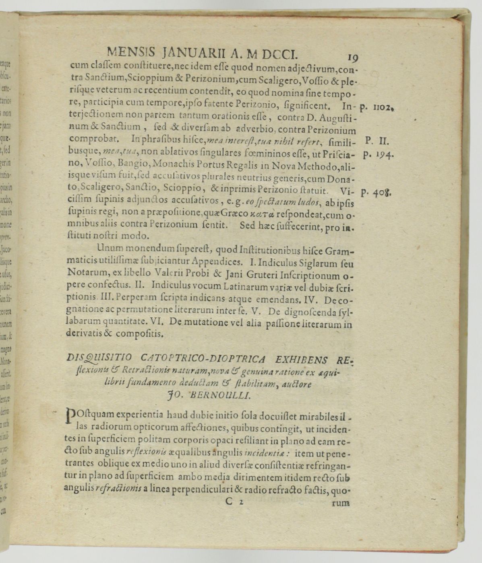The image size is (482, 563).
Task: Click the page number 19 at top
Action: tap(352, 58)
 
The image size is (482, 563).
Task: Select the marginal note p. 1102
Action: tap(377, 107)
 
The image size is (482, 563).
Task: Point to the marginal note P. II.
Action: tap(375, 141)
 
